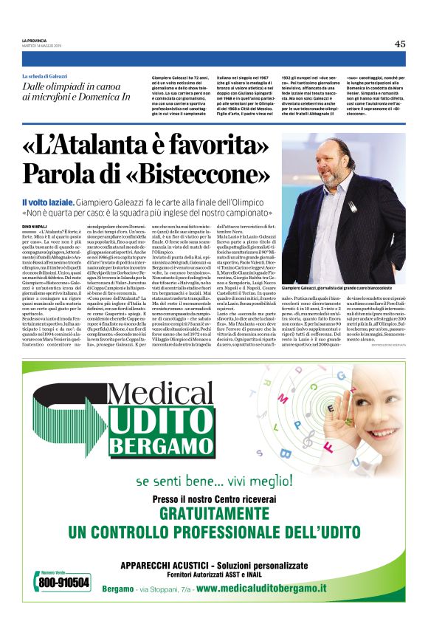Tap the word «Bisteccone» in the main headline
(x=174, y=174)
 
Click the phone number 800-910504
(x=66, y=583)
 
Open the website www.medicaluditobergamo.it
(x=260, y=588)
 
